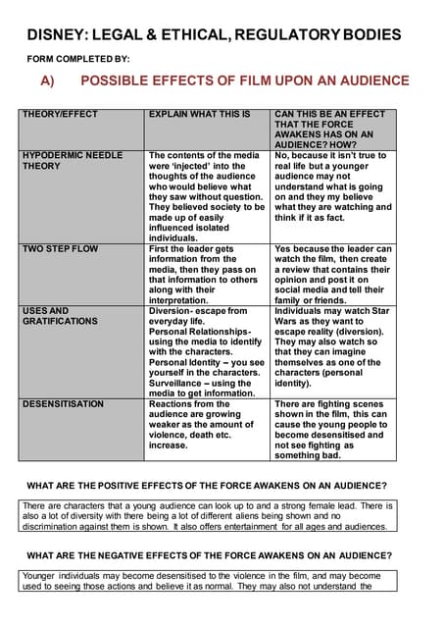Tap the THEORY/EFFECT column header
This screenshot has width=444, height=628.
(x=61, y=115)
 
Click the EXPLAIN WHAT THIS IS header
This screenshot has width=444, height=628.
(x=199, y=115)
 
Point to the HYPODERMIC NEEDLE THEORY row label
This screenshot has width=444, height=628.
(x=73, y=161)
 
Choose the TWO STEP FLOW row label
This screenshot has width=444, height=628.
(x=60, y=249)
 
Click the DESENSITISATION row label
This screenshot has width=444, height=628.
(x=63, y=403)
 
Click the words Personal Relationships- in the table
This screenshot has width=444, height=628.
(x=200, y=331)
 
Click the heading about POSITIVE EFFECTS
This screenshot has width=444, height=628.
(x=207, y=486)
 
